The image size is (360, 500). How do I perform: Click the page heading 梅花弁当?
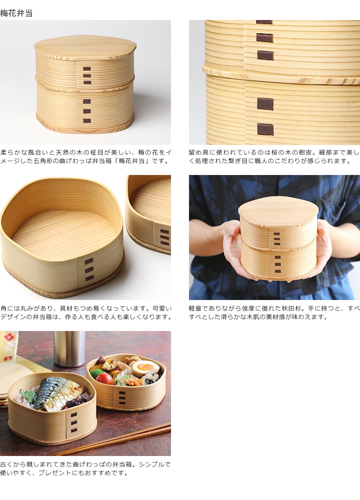point(16,13)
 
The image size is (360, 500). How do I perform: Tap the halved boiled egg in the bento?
point(145,368)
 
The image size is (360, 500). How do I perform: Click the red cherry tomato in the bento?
point(104,378)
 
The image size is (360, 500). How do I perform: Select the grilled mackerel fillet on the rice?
point(58,392)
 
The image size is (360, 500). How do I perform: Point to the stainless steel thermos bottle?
point(69,348)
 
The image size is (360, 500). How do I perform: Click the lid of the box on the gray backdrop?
point(85,47)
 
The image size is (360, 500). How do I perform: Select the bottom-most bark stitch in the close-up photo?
point(265,129)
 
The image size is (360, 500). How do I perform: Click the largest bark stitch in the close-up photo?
point(265,104)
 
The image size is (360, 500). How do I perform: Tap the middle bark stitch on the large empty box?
point(89,269)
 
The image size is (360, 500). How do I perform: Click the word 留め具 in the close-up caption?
point(197,152)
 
